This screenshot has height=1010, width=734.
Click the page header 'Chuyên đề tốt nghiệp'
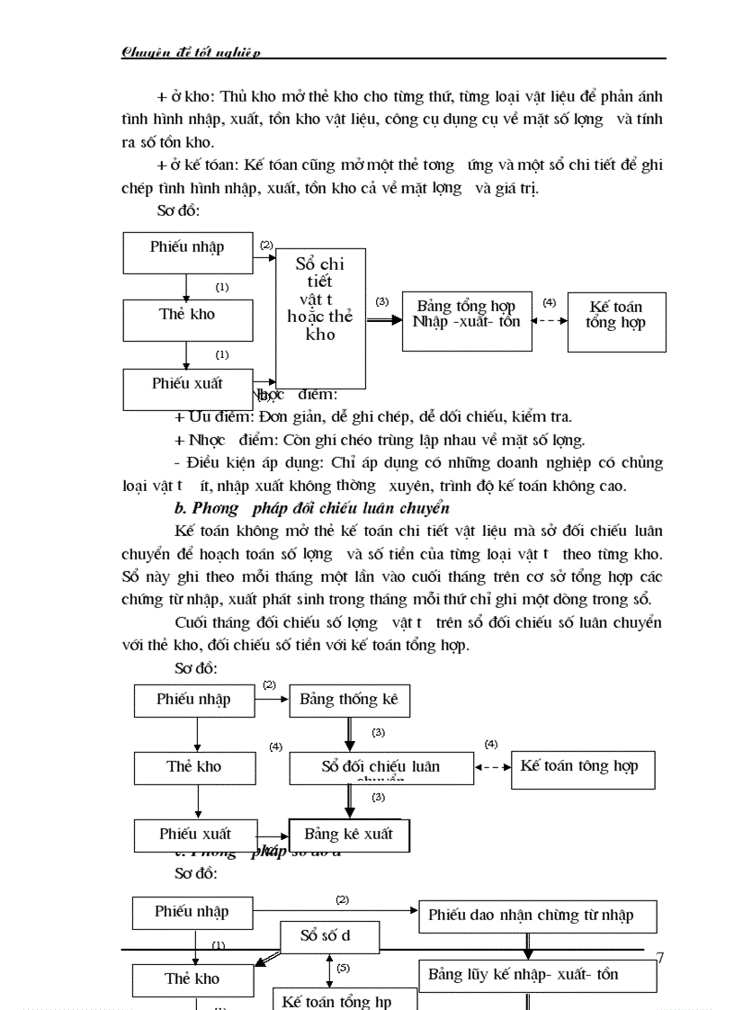(191, 52)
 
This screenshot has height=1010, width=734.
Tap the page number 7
(660, 958)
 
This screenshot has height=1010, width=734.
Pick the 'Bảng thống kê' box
(349, 700)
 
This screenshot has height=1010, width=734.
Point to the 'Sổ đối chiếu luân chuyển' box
(381, 767)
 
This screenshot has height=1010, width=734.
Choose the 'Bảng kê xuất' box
(348, 835)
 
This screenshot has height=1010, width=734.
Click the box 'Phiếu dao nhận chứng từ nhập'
(537, 916)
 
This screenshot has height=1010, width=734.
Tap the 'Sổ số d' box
(325, 936)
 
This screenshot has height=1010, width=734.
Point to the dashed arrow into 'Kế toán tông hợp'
(492, 768)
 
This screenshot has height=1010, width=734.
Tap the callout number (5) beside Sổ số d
(343, 969)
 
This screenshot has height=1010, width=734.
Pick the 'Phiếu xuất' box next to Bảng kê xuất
(194, 835)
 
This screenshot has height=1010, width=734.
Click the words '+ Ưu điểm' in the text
(214, 417)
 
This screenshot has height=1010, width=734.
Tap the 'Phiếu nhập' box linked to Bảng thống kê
(194, 700)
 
